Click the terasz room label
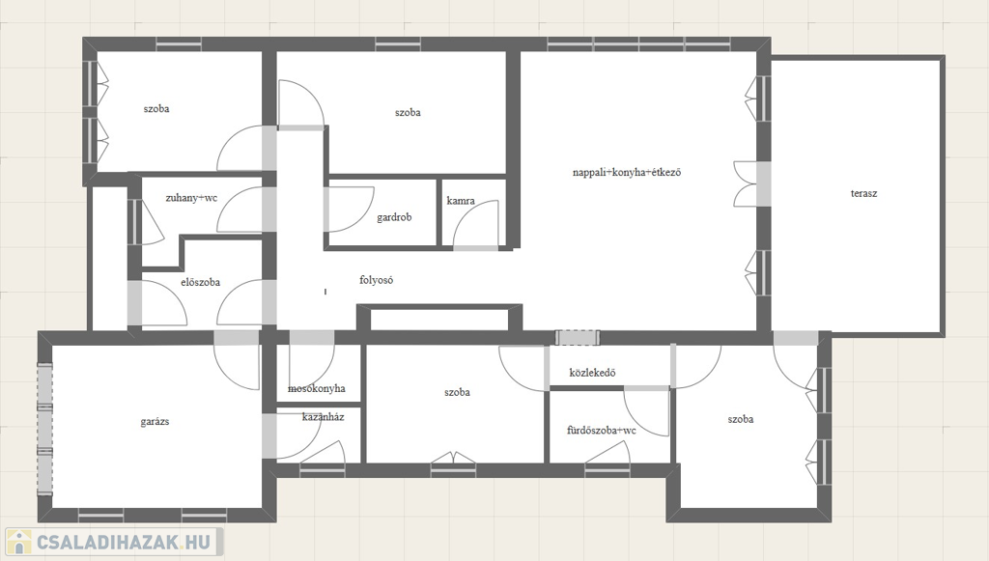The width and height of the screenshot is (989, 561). click(x=863, y=193)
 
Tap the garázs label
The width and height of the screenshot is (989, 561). click(x=155, y=422)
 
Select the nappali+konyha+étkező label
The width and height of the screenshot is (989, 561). click(x=626, y=172)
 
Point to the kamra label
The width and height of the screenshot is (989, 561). click(x=461, y=201)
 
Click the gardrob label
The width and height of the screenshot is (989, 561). click(x=394, y=217)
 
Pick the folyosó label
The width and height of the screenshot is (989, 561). click(x=376, y=280)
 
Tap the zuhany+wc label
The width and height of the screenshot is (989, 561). click(x=191, y=198)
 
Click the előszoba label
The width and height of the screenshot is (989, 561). click(x=200, y=282)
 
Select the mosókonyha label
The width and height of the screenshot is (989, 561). click(x=317, y=388)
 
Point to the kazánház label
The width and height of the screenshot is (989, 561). click(x=323, y=417)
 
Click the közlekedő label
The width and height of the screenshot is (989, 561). click(x=592, y=373)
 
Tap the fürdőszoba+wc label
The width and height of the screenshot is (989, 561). click(x=601, y=431)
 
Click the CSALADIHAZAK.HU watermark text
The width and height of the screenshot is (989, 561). click(x=124, y=542)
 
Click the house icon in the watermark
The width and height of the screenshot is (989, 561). click(x=19, y=542)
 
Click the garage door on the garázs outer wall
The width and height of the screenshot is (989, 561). click(x=44, y=430)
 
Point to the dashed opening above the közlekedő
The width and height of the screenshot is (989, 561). click(x=578, y=337)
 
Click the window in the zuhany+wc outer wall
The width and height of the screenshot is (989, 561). click(x=135, y=222)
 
